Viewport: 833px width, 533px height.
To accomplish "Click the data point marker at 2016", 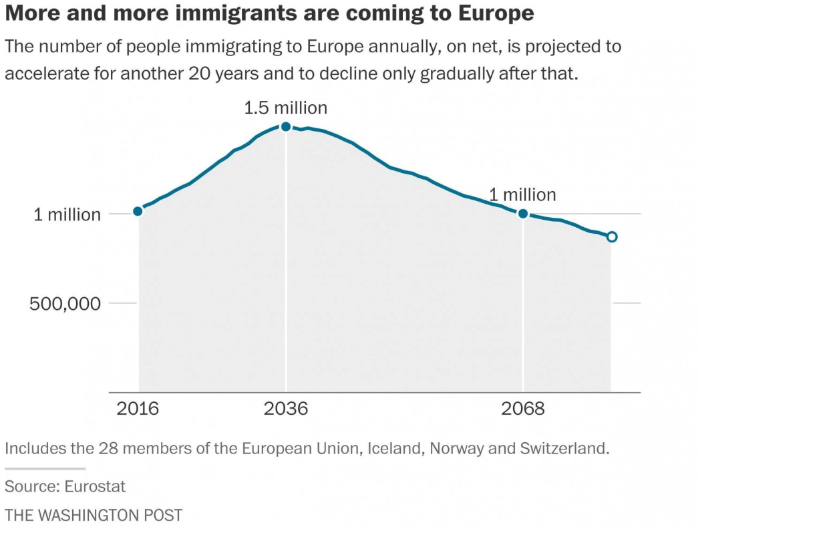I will tap(138, 211).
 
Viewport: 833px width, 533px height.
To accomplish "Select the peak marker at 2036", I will tap(286, 126).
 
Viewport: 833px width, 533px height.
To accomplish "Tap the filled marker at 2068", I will tap(523, 214).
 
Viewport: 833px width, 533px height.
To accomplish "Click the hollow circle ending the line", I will tap(611, 236).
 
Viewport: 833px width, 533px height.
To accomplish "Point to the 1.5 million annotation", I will tap(286, 108).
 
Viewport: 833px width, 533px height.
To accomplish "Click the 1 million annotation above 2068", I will tap(522, 195).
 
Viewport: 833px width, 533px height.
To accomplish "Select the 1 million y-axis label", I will tap(67, 214).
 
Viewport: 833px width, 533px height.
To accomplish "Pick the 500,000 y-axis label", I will tap(65, 303).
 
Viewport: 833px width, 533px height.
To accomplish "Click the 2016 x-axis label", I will tap(138, 408).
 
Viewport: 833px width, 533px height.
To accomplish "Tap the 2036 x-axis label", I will tap(286, 408).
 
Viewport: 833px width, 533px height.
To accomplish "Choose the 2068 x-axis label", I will tap(523, 408).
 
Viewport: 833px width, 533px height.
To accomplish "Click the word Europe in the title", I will tap(494, 13).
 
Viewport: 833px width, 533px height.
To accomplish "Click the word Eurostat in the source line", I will tap(95, 486).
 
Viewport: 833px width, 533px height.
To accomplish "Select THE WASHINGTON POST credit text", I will tap(94, 515).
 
